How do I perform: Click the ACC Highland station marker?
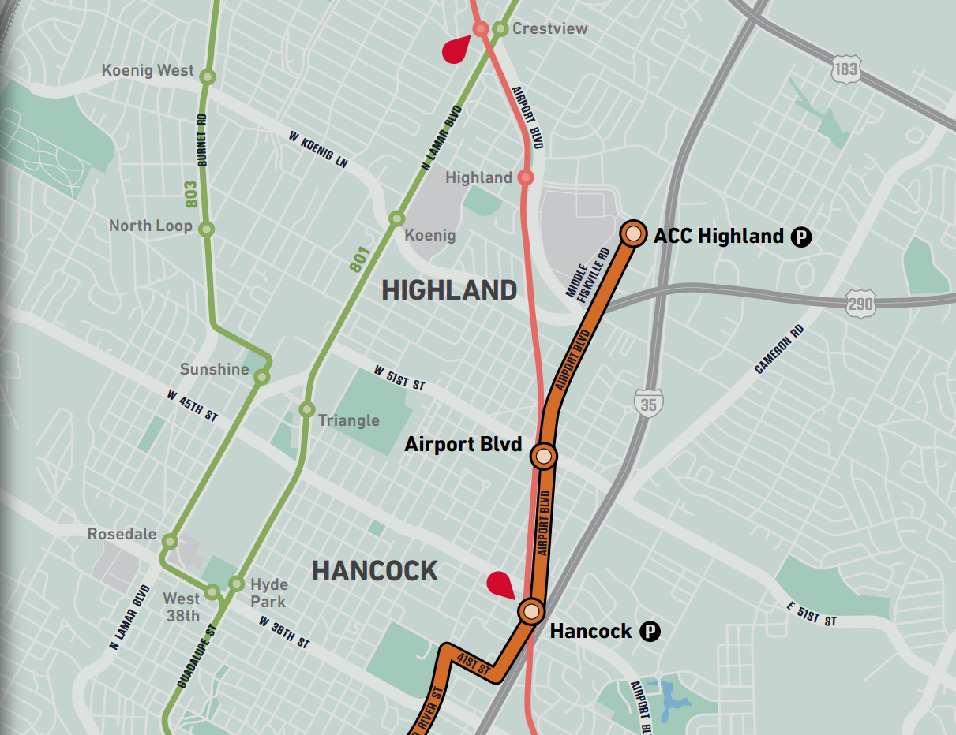click(632, 233)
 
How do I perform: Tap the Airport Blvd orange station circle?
click(544, 456)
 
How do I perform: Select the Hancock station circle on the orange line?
click(531, 611)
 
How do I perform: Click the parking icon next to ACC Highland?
click(801, 236)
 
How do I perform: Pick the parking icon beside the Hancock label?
click(649, 631)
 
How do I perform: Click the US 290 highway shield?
click(860, 304)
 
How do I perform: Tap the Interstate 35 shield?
click(648, 402)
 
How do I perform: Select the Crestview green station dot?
click(500, 29)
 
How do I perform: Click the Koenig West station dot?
click(207, 76)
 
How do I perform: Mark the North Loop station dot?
click(206, 229)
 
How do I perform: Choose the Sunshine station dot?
click(261, 378)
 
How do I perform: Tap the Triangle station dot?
click(307, 410)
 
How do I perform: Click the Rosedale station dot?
click(170, 541)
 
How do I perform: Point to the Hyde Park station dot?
click(236, 584)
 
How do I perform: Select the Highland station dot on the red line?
click(525, 177)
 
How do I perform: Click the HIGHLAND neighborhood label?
click(449, 290)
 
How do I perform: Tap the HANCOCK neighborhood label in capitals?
click(375, 570)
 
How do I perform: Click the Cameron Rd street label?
click(778, 349)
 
